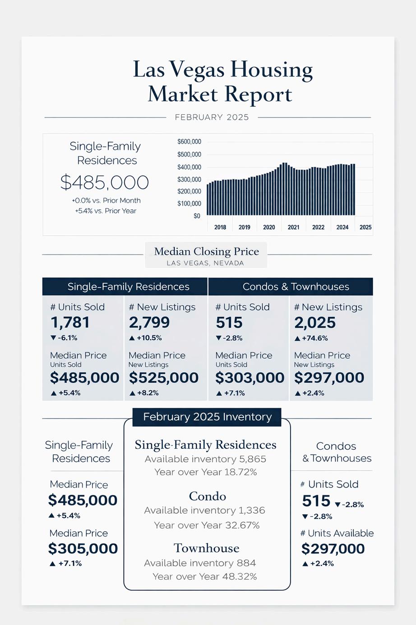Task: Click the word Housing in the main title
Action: (x=272, y=70)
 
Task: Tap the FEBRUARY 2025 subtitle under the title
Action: (x=212, y=117)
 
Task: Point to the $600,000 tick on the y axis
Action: (x=189, y=142)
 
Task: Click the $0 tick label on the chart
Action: (x=197, y=216)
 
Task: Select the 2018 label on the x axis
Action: (x=220, y=227)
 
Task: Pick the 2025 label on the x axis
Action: (x=365, y=227)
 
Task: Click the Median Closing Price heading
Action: (x=206, y=251)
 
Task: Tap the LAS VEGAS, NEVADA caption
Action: (x=205, y=263)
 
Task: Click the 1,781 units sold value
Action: (x=70, y=323)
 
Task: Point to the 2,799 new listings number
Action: (x=149, y=323)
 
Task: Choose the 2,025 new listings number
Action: (x=315, y=323)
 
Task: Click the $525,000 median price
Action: (x=164, y=378)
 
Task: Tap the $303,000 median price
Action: (x=250, y=378)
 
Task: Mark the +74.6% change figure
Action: (x=314, y=338)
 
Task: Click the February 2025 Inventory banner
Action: (x=207, y=417)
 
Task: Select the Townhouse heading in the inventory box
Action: (x=207, y=548)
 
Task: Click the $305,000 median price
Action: (x=83, y=549)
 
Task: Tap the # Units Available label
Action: (x=337, y=533)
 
